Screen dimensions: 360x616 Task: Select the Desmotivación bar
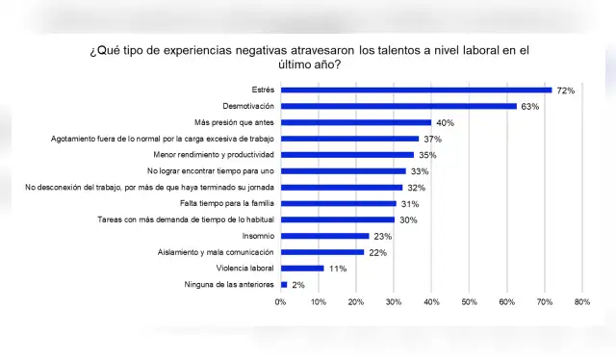click(398, 106)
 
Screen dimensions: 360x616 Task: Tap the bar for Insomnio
click(324, 235)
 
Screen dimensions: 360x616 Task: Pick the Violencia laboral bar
click(301, 268)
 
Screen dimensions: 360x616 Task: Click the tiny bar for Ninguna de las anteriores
click(284, 284)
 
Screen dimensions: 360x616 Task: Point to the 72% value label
click(566, 90)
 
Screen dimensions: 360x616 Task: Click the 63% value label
click(530, 106)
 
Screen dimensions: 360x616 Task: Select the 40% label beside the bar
click(445, 122)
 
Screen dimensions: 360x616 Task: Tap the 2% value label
click(298, 284)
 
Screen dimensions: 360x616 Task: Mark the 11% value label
click(337, 268)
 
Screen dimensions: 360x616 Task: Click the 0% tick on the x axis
click(281, 302)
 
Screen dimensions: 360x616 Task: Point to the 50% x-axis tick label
click(469, 302)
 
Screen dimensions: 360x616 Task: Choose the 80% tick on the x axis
click(581, 302)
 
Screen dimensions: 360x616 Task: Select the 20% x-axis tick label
click(356, 302)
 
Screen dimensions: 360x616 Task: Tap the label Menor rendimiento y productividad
click(214, 154)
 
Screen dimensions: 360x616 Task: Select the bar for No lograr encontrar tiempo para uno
click(343, 170)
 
